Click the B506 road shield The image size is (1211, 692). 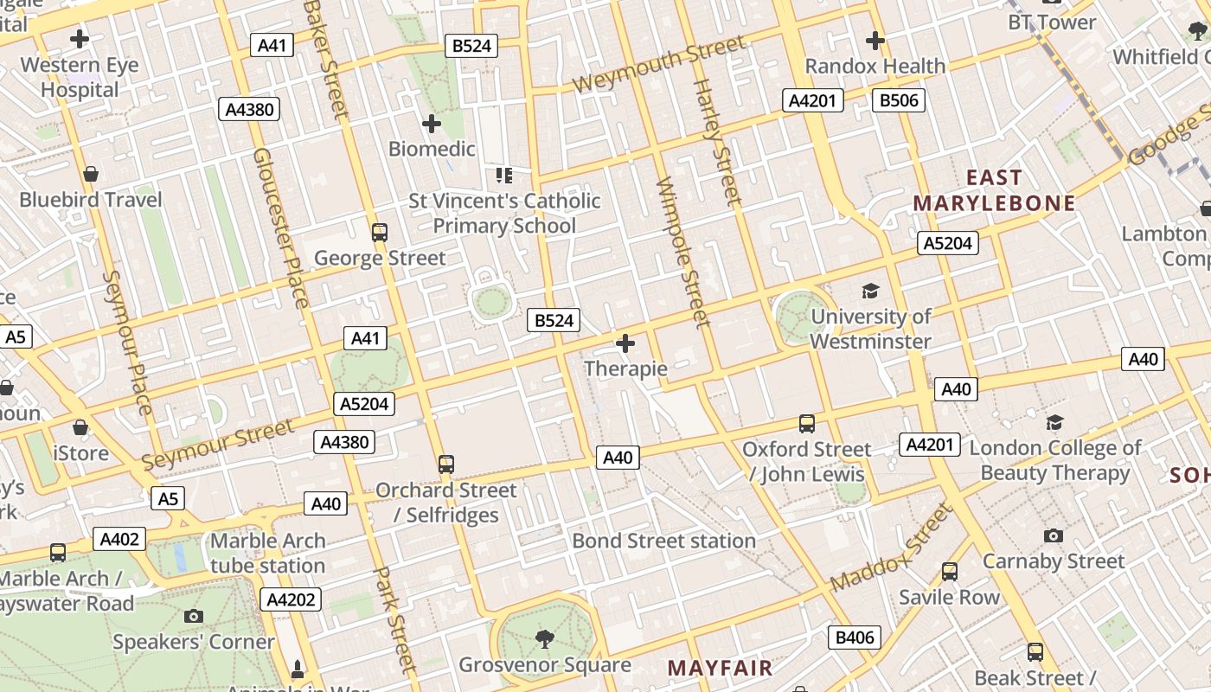tap(898, 100)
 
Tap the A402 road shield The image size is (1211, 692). tap(119, 540)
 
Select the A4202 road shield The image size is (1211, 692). tap(291, 599)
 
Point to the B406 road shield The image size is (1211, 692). tap(855, 638)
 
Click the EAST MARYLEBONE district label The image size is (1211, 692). tap(994, 191)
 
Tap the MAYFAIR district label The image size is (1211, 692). tap(720, 668)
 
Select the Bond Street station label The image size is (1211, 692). tap(663, 541)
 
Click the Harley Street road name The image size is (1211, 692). tap(718, 143)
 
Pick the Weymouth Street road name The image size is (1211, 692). tap(658, 64)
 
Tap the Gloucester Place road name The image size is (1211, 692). tap(280, 227)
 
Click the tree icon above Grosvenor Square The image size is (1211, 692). tap(545, 639)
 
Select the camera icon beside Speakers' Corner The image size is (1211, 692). tap(194, 616)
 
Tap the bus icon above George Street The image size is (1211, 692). tap(379, 232)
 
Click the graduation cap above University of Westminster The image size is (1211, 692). tap(870, 292)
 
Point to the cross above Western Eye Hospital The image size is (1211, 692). tap(80, 39)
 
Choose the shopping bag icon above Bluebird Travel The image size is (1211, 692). tap(91, 174)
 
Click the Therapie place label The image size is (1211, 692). tap(625, 369)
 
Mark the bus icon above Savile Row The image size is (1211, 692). tap(949, 571)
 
